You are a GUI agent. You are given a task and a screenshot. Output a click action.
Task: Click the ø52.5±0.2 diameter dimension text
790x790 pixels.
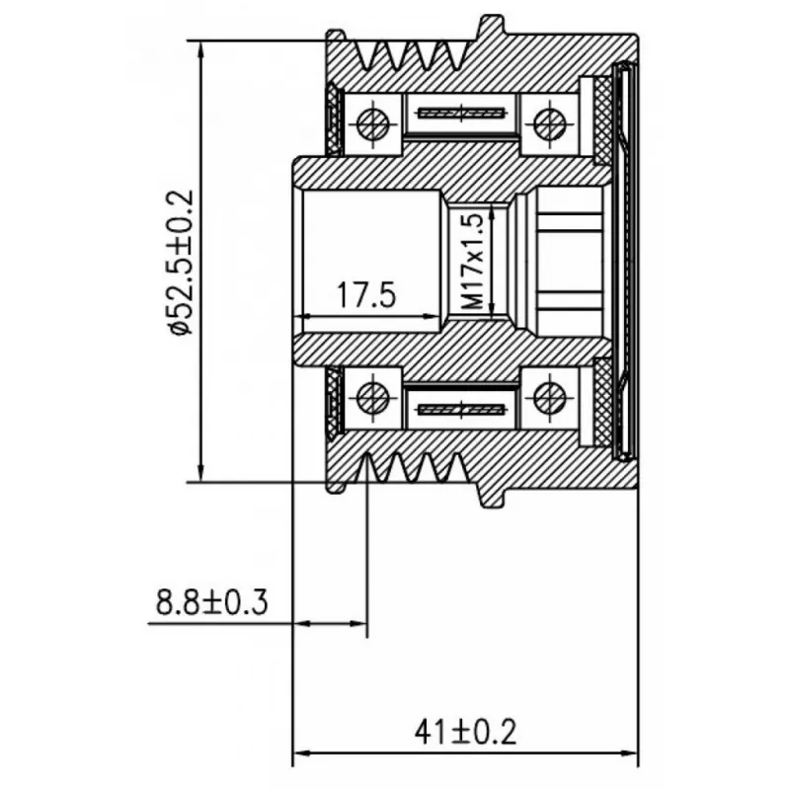[x=183, y=262]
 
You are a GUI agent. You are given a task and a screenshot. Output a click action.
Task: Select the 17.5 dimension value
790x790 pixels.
[x=366, y=294]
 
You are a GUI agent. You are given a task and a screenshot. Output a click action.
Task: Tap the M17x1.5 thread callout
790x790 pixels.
[x=473, y=261]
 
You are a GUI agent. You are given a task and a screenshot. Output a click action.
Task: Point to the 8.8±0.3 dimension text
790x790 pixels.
[x=211, y=602]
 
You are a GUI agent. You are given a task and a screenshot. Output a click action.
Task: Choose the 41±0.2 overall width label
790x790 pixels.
[x=465, y=732]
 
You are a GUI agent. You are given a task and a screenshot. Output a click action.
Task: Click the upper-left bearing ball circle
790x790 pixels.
[x=373, y=122]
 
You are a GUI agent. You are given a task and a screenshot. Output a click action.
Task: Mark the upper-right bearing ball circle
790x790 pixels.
[x=550, y=123]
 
